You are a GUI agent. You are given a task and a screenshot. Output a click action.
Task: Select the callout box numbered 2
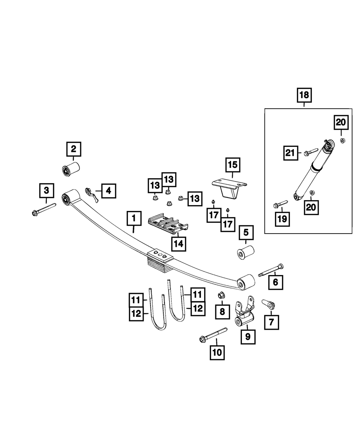73,148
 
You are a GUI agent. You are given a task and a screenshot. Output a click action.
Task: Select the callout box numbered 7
271,321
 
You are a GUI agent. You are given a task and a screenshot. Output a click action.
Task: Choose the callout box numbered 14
179,243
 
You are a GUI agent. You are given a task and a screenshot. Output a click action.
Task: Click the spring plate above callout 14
168,225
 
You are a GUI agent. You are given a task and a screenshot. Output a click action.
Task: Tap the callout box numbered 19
282,218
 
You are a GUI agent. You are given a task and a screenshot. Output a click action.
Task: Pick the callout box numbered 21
290,153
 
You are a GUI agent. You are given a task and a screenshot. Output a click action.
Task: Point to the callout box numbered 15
232,165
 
